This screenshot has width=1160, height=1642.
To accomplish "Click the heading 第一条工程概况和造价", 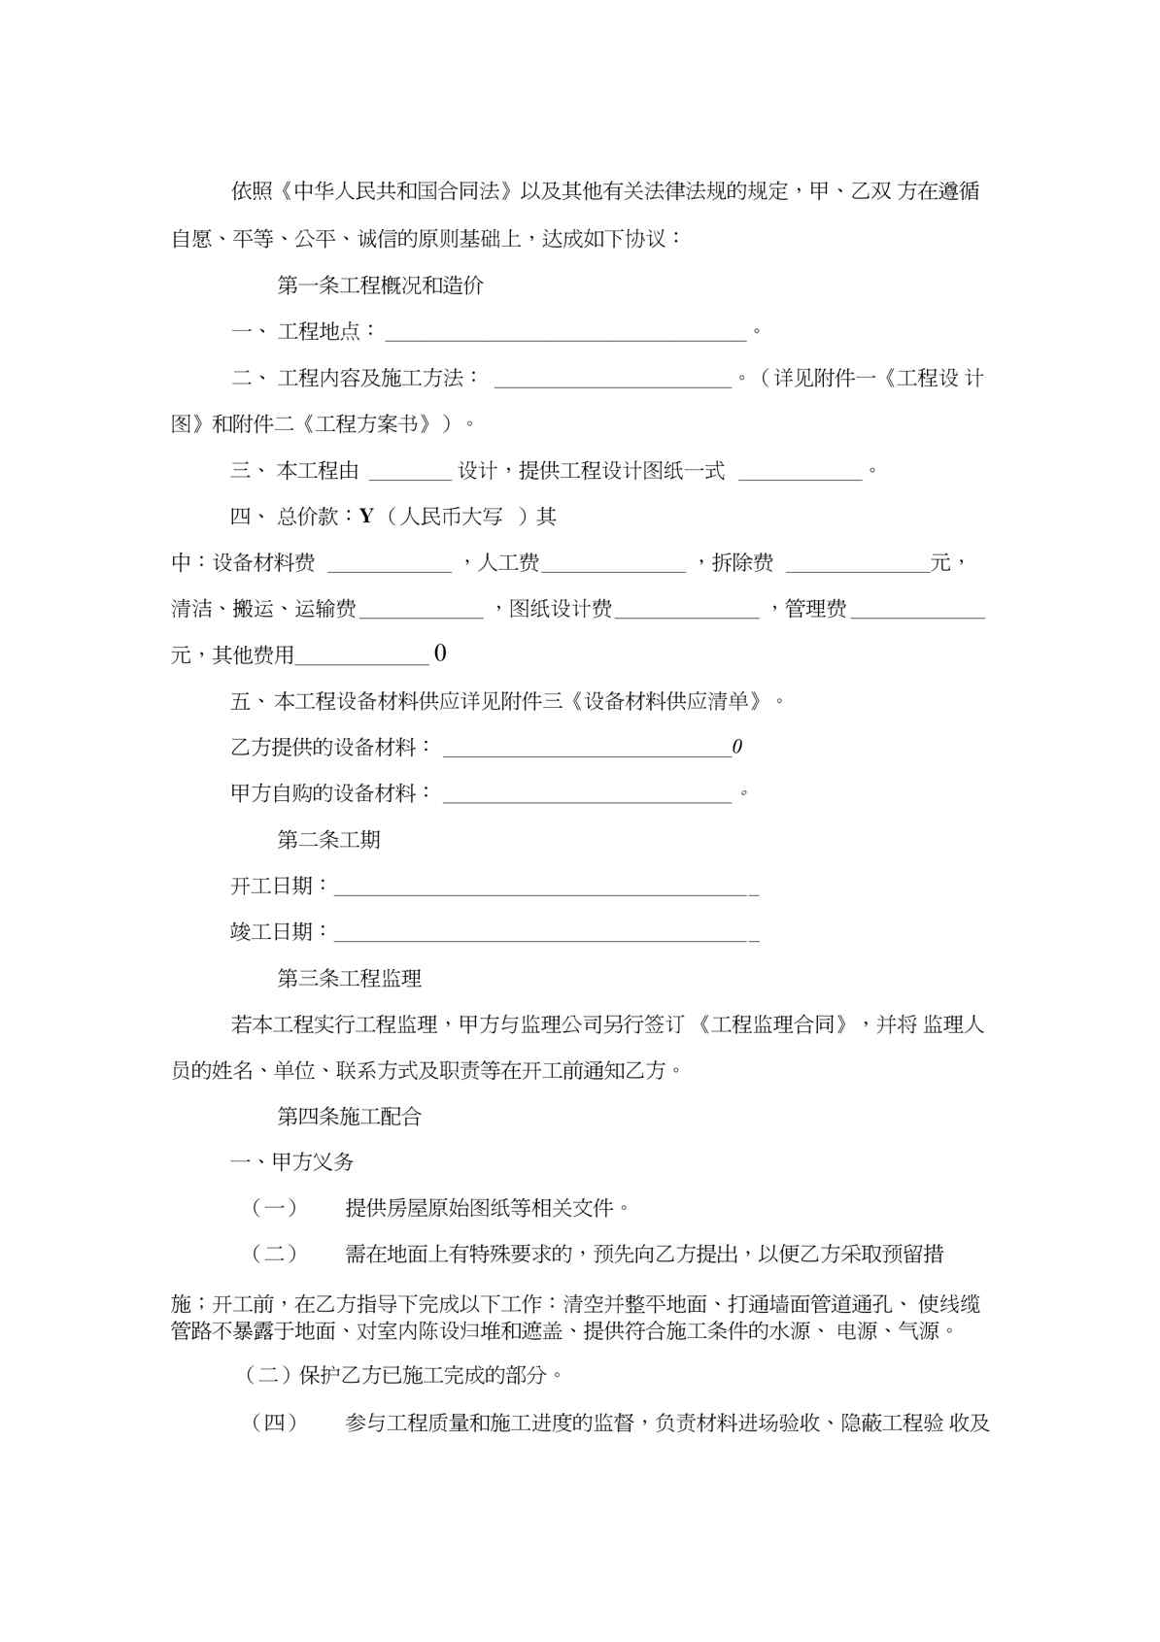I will [380, 285].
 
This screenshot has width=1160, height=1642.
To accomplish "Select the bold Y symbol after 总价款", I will [366, 517].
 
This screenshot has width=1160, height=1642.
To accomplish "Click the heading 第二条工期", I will [328, 840].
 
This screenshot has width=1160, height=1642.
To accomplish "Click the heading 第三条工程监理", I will [349, 979].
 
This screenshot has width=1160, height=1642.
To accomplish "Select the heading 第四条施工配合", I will [349, 1117].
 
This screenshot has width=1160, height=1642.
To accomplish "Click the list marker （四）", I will [274, 1424].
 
